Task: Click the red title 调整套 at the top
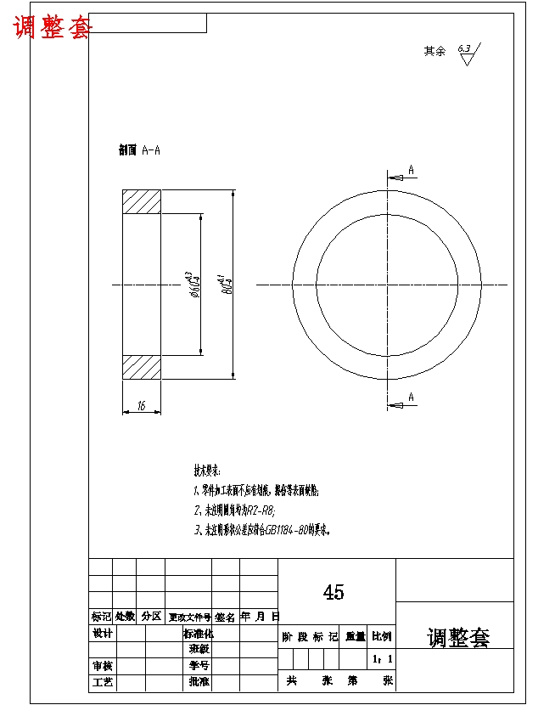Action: pyautogui.click(x=53, y=27)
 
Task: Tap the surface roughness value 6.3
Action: pyautogui.click(x=464, y=48)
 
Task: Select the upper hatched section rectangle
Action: pyautogui.click(x=142, y=202)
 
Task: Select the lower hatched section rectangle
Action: pyautogui.click(x=142, y=367)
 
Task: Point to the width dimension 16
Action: pyautogui.click(x=142, y=407)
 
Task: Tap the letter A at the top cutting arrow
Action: pyautogui.click(x=412, y=170)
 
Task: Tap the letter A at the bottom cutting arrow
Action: pyautogui.click(x=412, y=397)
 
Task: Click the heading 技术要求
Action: pyautogui.click(x=207, y=470)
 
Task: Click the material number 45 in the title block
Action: pyautogui.click(x=334, y=593)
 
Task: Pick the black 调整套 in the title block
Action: pyautogui.click(x=458, y=638)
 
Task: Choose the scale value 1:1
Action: pyautogui.click(x=383, y=658)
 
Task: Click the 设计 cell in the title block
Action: pyautogui.click(x=102, y=634)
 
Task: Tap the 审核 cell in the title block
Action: pyautogui.click(x=102, y=666)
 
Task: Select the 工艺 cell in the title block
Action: pyautogui.click(x=102, y=682)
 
